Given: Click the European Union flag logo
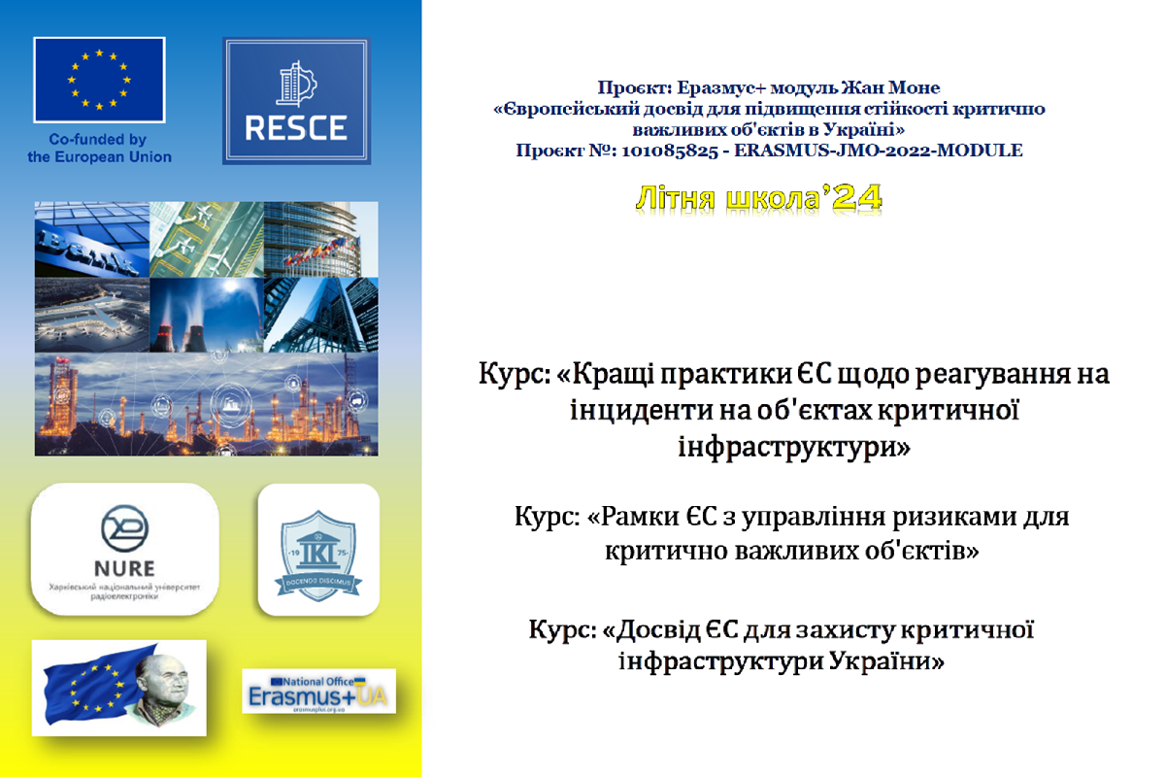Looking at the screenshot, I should pyautogui.click(x=99, y=79).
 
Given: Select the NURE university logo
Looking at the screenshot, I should pyautogui.click(x=126, y=549).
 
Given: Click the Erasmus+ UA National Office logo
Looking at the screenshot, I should pyautogui.click(x=319, y=691).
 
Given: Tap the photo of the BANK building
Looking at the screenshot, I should pyautogui.click(x=91, y=239).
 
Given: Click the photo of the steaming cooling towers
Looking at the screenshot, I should pyautogui.click(x=206, y=316).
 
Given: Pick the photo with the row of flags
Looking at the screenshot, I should pyautogui.click(x=321, y=239).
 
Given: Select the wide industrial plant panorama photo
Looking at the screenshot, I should pyautogui.click(x=206, y=404).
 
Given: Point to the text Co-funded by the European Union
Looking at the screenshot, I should pyautogui.click(x=99, y=149).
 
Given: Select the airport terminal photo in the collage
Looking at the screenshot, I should pyautogui.click(x=91, y=316).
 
